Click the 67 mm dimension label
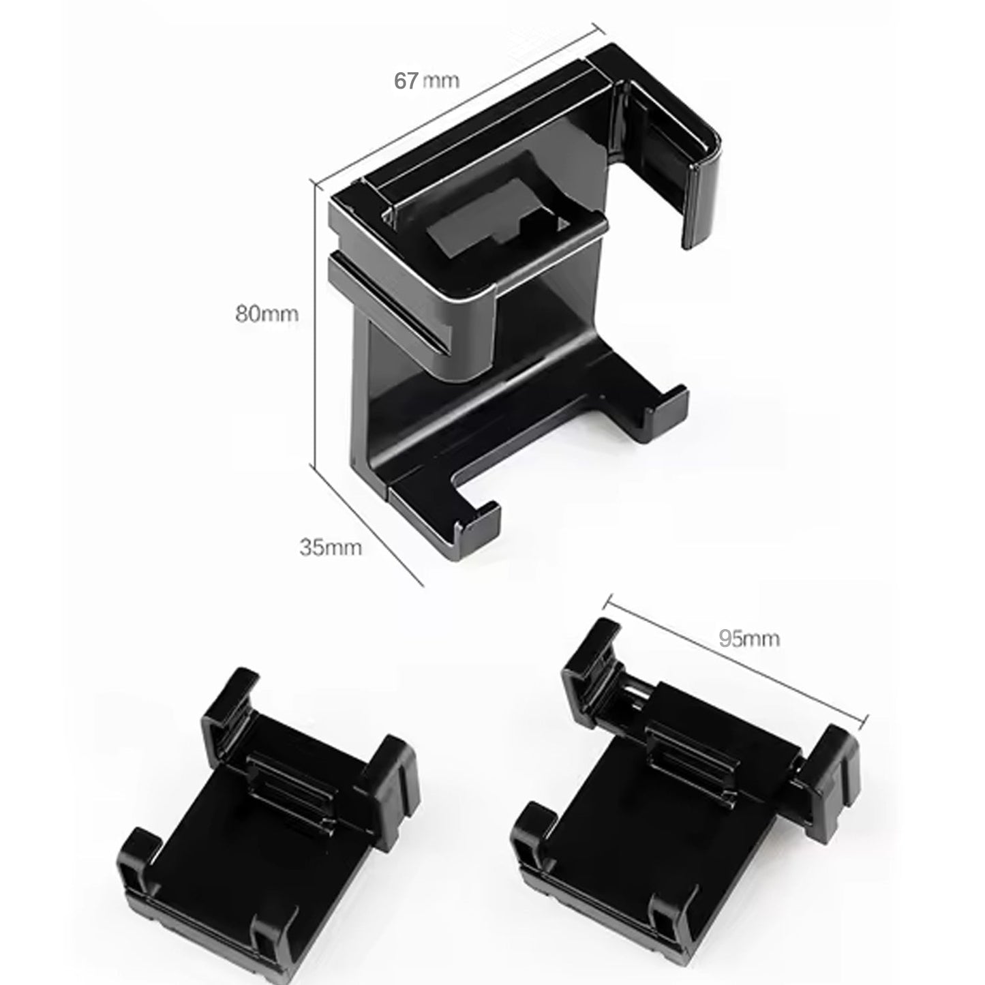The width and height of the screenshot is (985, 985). click(427, 80)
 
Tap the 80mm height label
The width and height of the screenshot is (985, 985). click(267, 314)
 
